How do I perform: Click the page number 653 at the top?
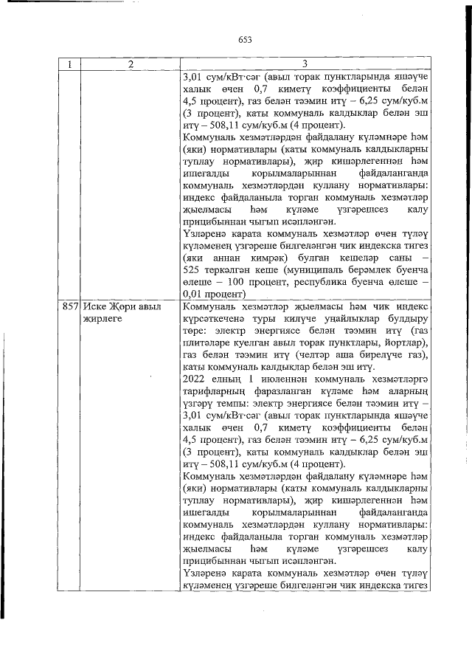click(x=245, y=40)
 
